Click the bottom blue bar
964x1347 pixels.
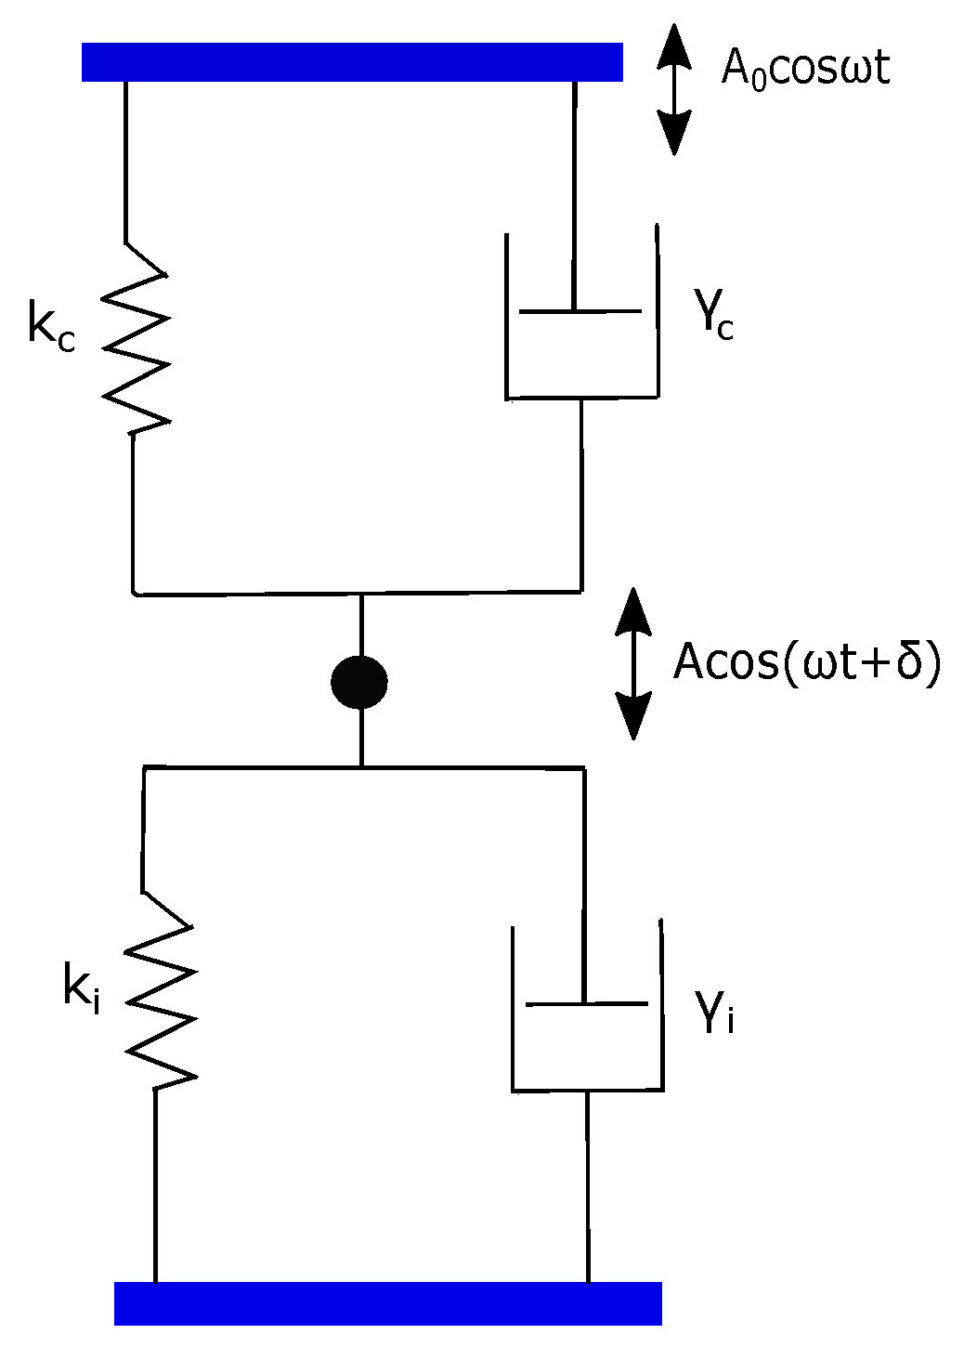click(x=387, y=1302)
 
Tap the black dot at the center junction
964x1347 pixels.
click(x=359, y=682)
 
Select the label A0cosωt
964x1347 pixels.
click(x=805, y=69)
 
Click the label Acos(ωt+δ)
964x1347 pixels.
click(x=807, y=663)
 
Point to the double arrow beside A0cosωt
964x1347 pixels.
click(x=674, y=89)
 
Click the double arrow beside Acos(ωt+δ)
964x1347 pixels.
click(x=633, y=663)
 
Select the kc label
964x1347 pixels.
click(x=51, y=325)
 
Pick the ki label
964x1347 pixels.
click(x=82, y=987)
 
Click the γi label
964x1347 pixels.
click(x=715, y=1012)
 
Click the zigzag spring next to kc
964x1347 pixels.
click(x=136, y=340)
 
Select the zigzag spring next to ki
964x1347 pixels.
click(x=161, y=992)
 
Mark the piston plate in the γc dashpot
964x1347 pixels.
click(x=580, y=311)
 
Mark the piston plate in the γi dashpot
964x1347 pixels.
click(x=587, y=1004)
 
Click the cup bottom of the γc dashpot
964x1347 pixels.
click(x=582, y=398)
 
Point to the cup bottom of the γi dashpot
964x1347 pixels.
click(x=588, y=1090)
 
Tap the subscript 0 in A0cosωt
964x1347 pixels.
click(x=758, y=80)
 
